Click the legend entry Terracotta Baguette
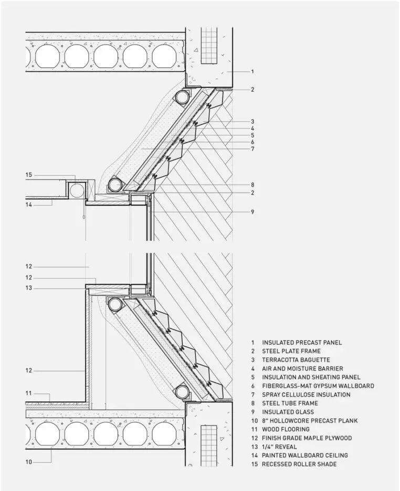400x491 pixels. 296,360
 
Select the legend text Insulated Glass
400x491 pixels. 288,412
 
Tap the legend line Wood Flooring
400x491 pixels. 286,429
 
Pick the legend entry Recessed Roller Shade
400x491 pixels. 299,464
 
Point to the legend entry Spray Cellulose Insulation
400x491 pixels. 306,394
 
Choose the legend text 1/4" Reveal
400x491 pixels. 279,447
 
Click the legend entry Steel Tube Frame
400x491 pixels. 290,403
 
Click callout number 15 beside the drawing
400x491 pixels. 29,175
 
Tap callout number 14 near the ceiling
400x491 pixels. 29,205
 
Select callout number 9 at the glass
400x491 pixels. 252,212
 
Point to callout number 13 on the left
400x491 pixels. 29,288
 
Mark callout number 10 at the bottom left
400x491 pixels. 29,462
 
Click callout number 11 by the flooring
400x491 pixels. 29,393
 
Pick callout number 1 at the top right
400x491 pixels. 252,71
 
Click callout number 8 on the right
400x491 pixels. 252,185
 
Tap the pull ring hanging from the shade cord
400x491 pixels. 83,217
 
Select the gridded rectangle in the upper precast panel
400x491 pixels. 209,45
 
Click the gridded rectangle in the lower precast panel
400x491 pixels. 209,443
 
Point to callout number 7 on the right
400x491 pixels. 252,149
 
